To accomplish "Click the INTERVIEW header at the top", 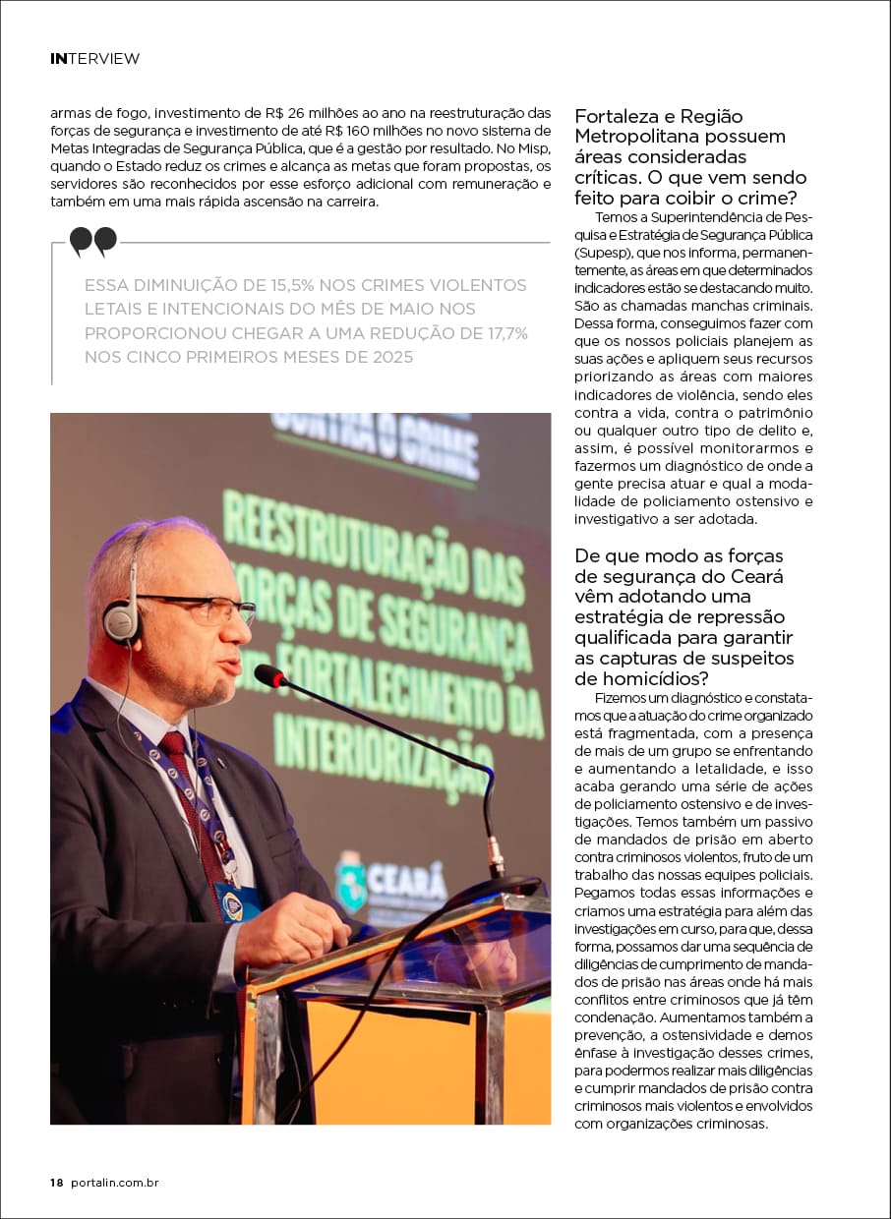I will coord(94,59).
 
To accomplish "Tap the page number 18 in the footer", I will coord(56,1183).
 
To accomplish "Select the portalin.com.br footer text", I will coord(115,1183).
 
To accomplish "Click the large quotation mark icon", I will coord(93,241).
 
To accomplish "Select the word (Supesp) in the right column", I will coord(603,254).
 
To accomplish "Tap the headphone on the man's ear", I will coord(122,619).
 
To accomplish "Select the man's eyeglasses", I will coord(202,609).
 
